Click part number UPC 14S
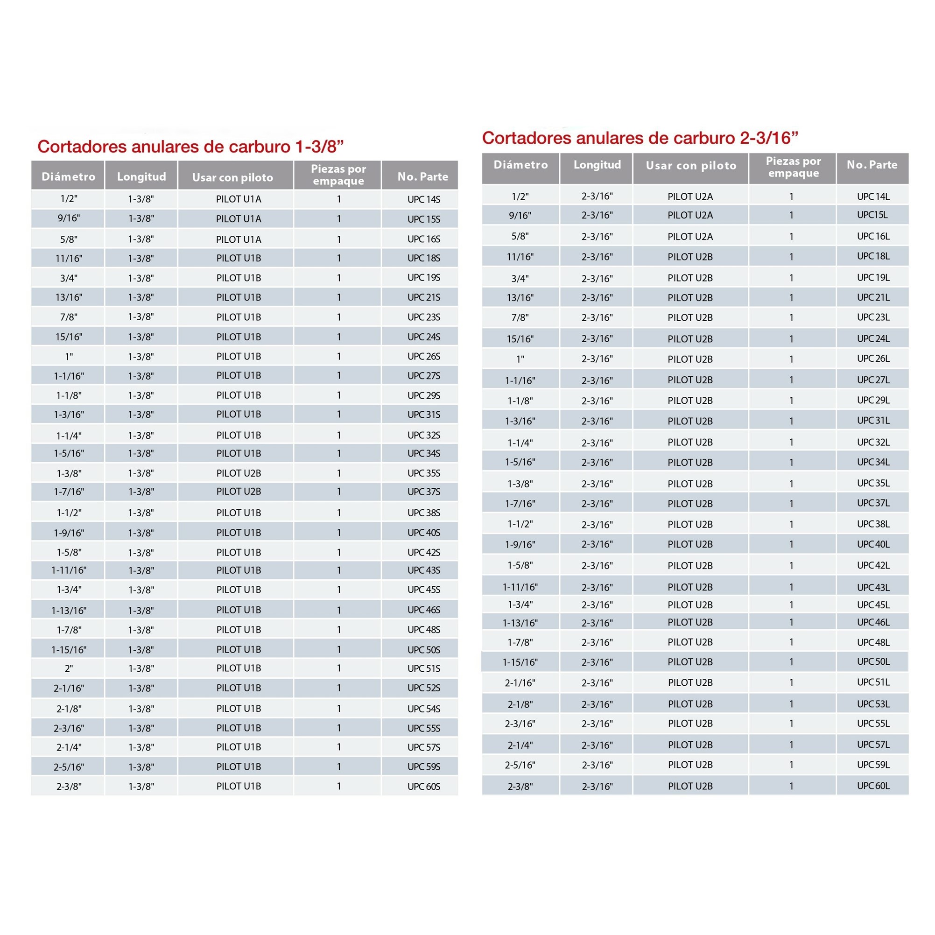click(423, 199)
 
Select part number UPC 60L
click(873, 786)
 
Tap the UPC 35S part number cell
click(423, 473)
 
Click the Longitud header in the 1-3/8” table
click(141, 176)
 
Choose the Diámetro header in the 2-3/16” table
click(521, 165)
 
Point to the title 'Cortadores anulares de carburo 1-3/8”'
click(190, 147)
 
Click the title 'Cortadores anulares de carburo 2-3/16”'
click(640, 138)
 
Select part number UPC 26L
click(873, 359)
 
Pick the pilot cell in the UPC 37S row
click(239, 492)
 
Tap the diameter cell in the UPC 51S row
click(69, 669)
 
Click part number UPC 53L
click(873, 704)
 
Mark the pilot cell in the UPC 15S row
click(239, 219)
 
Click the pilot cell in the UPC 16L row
click(690, 237)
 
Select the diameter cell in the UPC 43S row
click(69, 570)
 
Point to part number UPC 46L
click(873, 622)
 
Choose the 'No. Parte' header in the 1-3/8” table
click(422, 176)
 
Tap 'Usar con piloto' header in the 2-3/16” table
click(691, 166)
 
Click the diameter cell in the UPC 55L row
click(520, 724)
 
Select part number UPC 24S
click(423, 337)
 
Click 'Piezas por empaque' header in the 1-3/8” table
click(338, 175)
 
